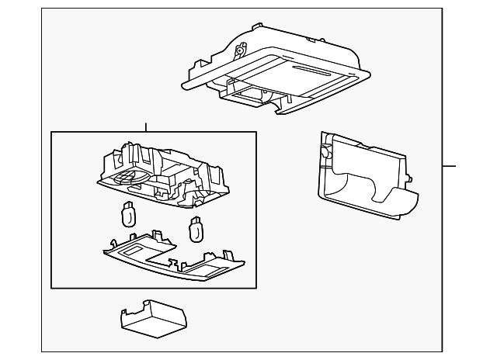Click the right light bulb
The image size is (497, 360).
[196, 228]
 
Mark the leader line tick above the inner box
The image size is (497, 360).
[145, 127]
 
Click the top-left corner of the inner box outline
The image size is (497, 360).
[51, 132]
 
